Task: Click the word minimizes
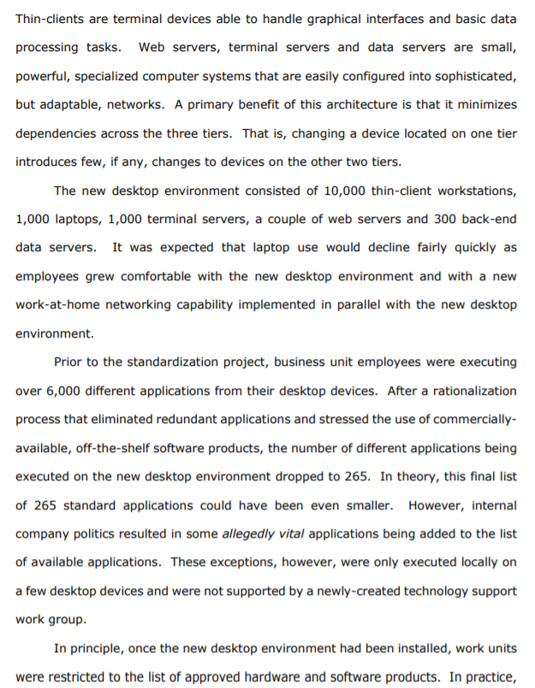(484, 105)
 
